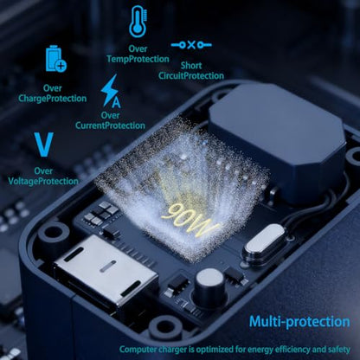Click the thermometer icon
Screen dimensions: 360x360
pos(138,22)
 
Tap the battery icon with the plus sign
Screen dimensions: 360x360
pos(55,59)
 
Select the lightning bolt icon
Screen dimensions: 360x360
pos(110,90)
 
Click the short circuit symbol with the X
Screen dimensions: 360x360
pos(191,45)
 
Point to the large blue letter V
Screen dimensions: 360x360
pos(44,145)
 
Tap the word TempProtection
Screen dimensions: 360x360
pos(138,59)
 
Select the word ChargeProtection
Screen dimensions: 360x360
pos(53,99)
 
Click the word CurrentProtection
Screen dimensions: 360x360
pos(110,125)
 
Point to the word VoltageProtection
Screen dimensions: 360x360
pos(43,181)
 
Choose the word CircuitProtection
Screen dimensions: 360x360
pos(191,76)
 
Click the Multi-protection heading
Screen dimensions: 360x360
pos(299,322)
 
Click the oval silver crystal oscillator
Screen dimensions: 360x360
pos(265,241)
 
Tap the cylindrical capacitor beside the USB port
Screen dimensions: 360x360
pos(210,286)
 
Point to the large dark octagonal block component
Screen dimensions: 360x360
pos(278,141)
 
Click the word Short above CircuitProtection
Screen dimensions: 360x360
pos(191,66)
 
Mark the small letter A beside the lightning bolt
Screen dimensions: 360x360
pos(116,102)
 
